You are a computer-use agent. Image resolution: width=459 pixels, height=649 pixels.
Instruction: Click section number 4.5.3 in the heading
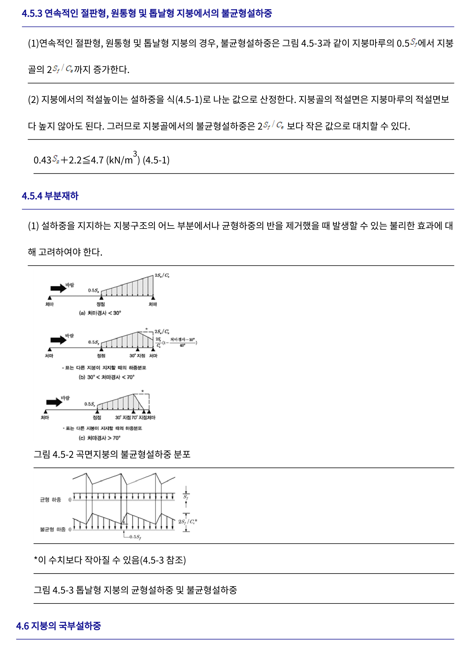pos(32,13)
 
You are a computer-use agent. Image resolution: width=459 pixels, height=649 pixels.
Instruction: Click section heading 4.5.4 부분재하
pos(50,196)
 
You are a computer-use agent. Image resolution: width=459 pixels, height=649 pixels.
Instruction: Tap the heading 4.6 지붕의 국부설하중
pos(59,626)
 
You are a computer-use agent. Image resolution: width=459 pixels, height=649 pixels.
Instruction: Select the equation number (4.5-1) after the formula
pos(156,160)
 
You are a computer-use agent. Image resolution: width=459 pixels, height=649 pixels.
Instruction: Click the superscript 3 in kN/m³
pos(135,153)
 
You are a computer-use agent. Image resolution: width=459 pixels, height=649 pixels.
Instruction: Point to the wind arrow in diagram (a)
pos(58,288)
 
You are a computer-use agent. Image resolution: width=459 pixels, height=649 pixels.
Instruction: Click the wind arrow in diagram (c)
pos(54,402)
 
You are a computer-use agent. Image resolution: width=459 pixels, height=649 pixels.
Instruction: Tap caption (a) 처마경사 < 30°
pos(100,313)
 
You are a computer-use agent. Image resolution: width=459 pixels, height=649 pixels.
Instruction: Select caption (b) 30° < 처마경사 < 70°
pos(107,377)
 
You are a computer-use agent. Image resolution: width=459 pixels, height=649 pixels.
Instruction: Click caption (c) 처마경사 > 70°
pos(100,438)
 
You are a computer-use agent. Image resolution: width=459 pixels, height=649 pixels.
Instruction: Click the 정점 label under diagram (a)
pos(101,304)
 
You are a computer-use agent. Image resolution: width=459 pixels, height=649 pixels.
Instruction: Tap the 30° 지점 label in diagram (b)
pos(137,356)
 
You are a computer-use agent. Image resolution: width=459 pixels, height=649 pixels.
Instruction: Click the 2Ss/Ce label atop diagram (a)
pos(162,275)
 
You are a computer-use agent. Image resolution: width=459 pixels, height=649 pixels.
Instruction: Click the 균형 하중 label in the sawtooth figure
pos(50,500)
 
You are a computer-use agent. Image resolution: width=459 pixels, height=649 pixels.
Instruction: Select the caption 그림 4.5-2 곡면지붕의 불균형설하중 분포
pos(112,454)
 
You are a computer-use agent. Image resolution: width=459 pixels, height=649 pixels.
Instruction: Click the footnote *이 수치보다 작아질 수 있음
pos(110,560)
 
